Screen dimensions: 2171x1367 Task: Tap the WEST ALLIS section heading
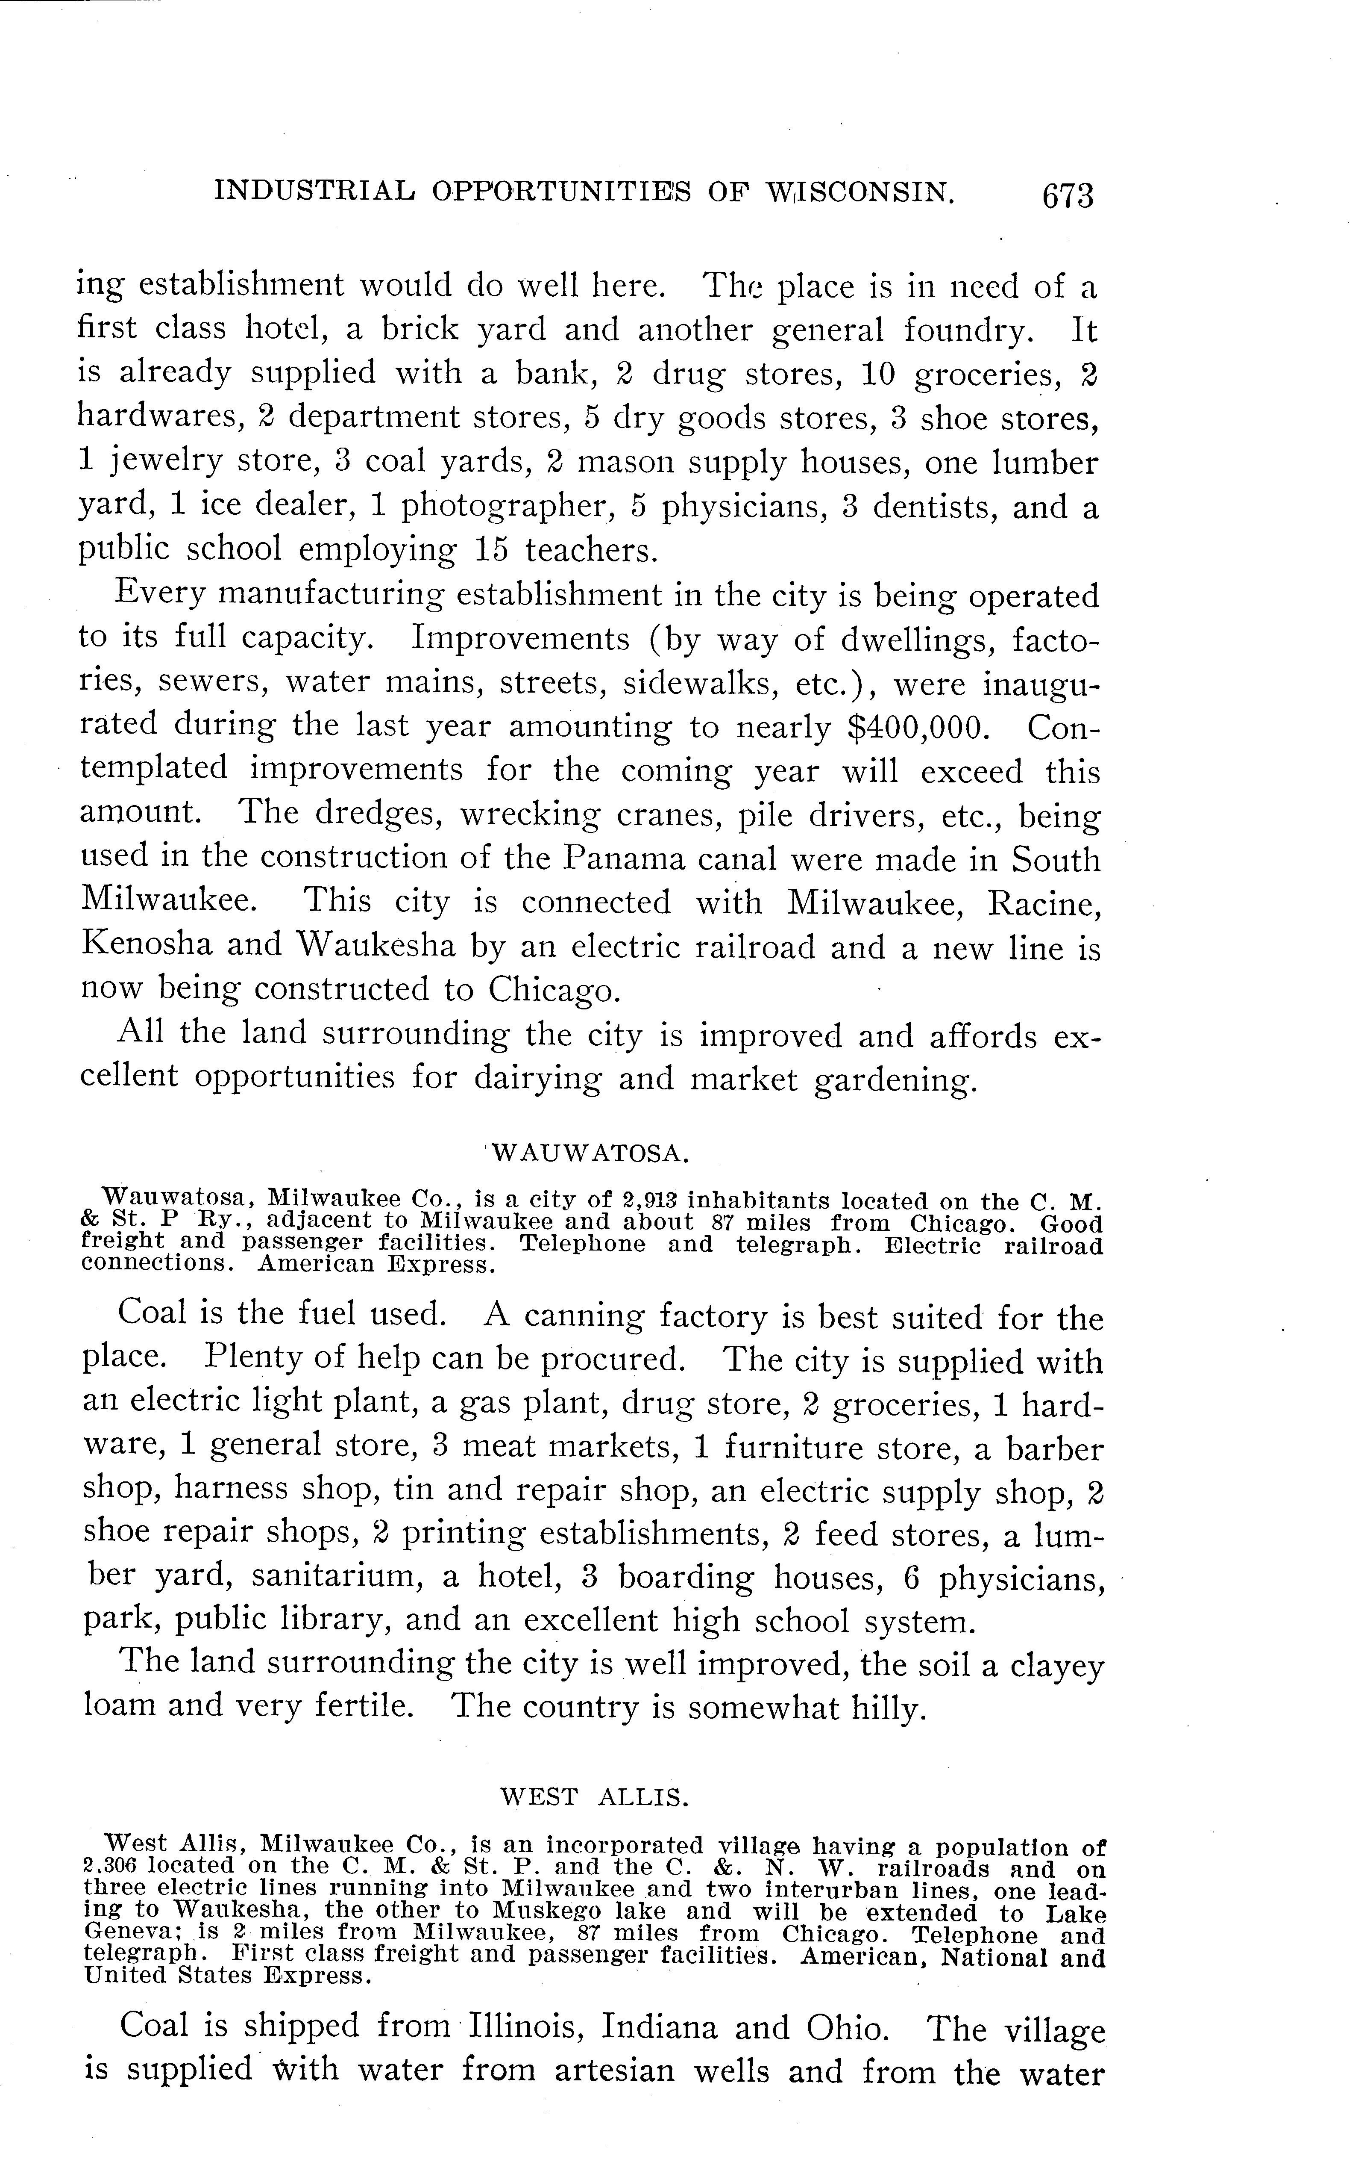pyautogui.click(x=595, y=1797)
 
